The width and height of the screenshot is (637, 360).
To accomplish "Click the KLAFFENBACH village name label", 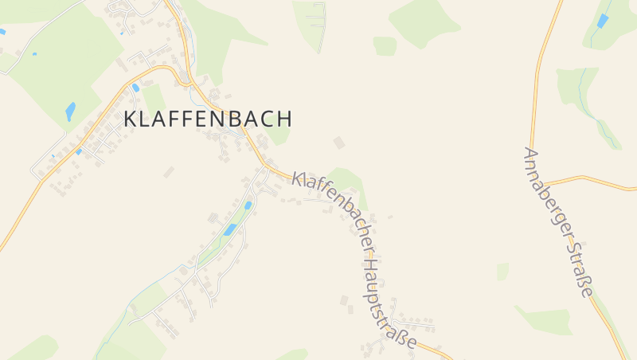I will (x=208, y=119).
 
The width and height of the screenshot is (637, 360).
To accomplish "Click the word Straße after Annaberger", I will (x=584, y=271).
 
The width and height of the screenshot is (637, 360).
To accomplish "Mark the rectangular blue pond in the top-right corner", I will (x=603, y=21).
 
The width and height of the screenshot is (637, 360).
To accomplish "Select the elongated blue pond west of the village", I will (x=70, y=112).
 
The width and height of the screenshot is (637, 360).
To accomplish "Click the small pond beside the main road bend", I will (x=136, y=88).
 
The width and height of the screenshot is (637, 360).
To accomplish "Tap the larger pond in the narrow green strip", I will (x=229, y=229).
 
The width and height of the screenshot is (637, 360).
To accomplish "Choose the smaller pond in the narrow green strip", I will (x=248, y=205).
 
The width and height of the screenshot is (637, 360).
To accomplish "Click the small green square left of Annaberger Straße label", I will (x=502, y=272).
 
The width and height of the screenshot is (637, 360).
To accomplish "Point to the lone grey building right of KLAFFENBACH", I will (x=339, y=143).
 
